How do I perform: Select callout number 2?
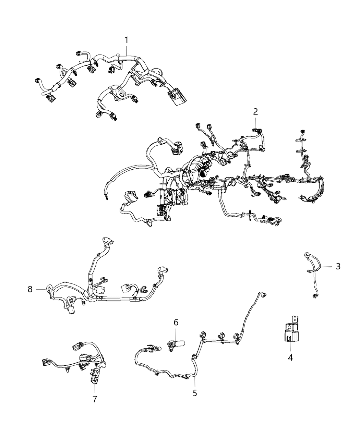click(255, 111)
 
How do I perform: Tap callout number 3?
click(338, 266)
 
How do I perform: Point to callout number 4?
click(290, 358)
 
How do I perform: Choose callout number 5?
click(195, 393)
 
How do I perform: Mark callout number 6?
click(176, 322)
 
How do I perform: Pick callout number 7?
click(95, 399)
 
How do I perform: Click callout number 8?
click(30, 289)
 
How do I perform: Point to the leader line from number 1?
click(126, 51)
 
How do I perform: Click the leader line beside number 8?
click(40, 289)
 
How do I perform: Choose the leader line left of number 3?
click(326, 266)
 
